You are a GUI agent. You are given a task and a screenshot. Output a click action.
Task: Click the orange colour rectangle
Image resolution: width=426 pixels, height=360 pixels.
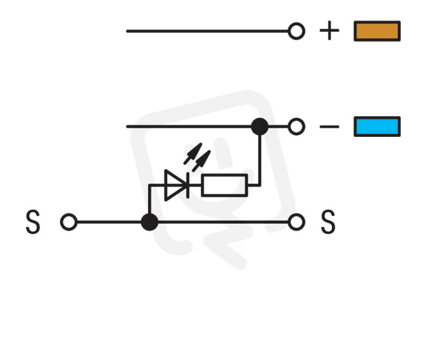click(377, 31)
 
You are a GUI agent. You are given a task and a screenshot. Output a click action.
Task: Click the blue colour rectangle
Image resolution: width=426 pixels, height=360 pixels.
click(377, 127)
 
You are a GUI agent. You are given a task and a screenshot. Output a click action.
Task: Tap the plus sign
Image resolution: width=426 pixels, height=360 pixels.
click(329, 31)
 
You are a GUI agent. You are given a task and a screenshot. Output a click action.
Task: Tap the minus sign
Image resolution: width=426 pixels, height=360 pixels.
click(329, 127)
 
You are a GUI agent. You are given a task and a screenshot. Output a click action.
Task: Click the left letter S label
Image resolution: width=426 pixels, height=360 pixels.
click(33, 222)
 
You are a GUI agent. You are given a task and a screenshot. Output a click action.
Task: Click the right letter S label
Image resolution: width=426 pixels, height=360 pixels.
click(328, 222)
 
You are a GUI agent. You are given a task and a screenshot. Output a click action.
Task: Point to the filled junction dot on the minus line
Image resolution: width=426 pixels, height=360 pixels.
click(260, 127)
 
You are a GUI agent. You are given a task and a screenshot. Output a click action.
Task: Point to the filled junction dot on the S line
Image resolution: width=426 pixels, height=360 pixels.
click(149, 222)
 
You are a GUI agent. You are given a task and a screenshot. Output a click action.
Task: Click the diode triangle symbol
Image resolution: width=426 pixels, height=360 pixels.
click(175, 185)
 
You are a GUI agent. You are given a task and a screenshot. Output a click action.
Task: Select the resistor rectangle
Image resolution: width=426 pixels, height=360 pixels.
click(224, 185)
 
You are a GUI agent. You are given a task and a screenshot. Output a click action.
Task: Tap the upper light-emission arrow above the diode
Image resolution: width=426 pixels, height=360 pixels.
click(193, 154)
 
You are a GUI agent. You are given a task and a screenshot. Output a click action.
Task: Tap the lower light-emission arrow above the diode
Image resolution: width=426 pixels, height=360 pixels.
click(202, 161)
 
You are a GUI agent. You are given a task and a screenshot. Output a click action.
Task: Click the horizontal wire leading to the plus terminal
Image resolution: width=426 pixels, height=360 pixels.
click(207, 31)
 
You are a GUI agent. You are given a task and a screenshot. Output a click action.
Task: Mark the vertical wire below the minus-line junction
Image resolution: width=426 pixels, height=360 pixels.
click(260, 160)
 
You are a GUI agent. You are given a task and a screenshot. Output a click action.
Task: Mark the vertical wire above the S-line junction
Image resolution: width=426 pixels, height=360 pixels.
click(149, 199)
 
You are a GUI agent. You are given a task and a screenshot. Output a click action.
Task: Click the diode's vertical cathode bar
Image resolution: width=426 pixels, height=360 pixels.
click(188, 185)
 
